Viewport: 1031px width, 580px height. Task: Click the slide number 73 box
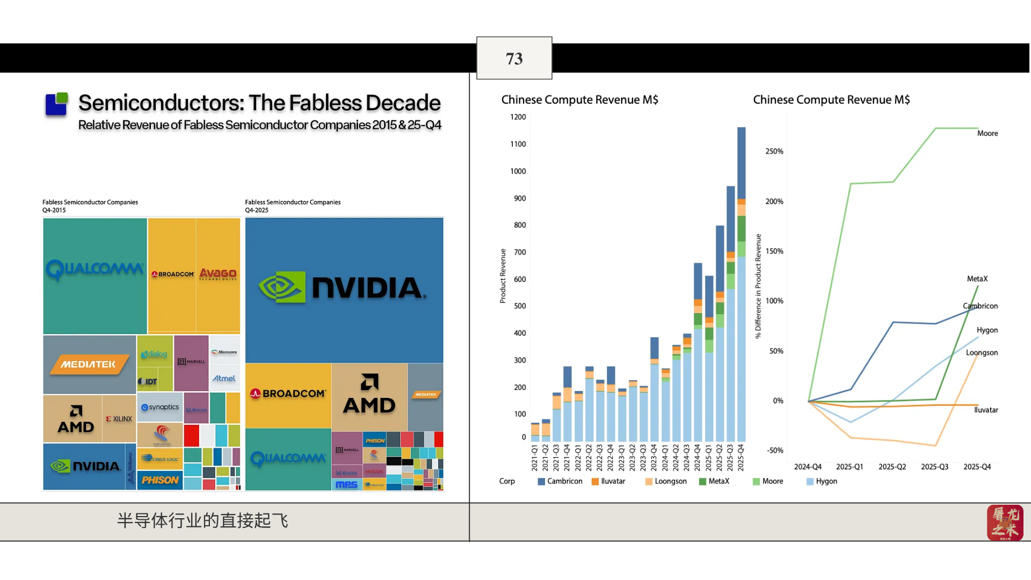click(514, 58)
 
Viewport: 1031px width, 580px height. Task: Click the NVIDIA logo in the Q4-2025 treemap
click(343, 288)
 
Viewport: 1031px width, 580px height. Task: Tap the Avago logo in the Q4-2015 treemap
click(218, 274)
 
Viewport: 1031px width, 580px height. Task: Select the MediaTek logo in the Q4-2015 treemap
click(89, 364)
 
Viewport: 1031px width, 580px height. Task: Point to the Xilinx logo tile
click(119, 419)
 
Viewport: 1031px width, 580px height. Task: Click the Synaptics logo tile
click(160, 407)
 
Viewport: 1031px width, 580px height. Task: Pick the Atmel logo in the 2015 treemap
click(224, 378)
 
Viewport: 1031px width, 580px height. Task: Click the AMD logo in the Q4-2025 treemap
click(369, 395)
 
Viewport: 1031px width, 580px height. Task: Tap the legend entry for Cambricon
click(560, 481)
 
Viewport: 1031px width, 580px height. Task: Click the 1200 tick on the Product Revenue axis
click(518, 117)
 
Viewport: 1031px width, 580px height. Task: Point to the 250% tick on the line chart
click(774, 151)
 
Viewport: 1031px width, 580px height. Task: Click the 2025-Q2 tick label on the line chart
click(892, 467)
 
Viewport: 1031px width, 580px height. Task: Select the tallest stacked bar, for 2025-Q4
click(741, 285)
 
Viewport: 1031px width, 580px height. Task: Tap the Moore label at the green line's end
click(987, 133)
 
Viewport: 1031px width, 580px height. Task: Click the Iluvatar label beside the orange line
click(986, 410)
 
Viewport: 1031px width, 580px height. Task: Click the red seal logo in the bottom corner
click(1005, 523)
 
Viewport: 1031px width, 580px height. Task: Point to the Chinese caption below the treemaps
click(202, 520)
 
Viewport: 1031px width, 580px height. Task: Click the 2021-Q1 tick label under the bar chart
click(534, 458)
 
